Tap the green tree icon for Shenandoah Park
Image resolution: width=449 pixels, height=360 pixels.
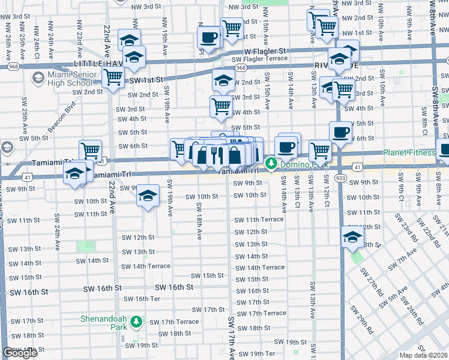(x=136, y=323)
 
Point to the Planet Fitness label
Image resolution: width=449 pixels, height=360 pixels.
(x=409, y=152)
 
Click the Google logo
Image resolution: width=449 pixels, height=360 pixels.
(x=20, y=353)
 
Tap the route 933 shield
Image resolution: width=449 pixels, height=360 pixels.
(x=340, y=178)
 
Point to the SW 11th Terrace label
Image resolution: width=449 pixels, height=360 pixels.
(x=259, y=220)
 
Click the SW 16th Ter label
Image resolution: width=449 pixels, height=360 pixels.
(x=142, y=299)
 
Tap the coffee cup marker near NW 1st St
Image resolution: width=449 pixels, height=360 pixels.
(x=209, y=38)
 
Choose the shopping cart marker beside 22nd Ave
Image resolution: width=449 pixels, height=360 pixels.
(x=113, y=77)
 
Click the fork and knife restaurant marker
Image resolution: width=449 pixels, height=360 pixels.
(x=217, y=155)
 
